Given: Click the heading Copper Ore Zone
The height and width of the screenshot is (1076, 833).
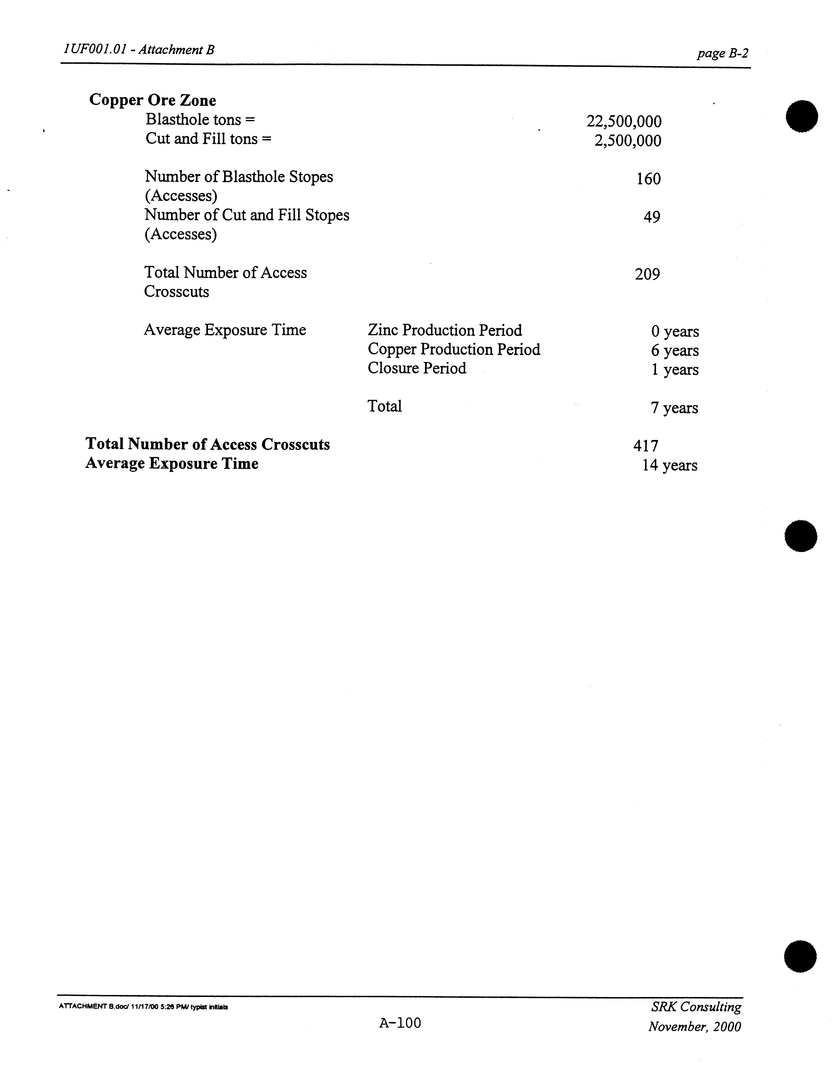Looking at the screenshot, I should click(x=153, y=100).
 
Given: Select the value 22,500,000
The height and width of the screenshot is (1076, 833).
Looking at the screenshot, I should click(x=624, y=121).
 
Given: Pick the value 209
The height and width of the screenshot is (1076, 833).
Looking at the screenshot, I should click(x=647, y=274).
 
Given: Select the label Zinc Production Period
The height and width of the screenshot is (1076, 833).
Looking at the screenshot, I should click(x=445, y=330).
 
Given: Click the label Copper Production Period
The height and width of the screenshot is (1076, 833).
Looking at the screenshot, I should click(x=454, y=349).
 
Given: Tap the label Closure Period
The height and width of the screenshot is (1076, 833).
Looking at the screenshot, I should click(x=417, y=368).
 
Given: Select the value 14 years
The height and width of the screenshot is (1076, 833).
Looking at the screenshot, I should click(x=669, y=465).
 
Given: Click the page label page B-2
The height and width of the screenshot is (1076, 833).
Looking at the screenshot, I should click(x=722, y=53).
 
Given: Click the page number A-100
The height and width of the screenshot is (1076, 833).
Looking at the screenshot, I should click(x=400, y=1023).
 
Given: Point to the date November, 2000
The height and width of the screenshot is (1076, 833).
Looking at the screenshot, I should click(x=694, y=1027).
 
